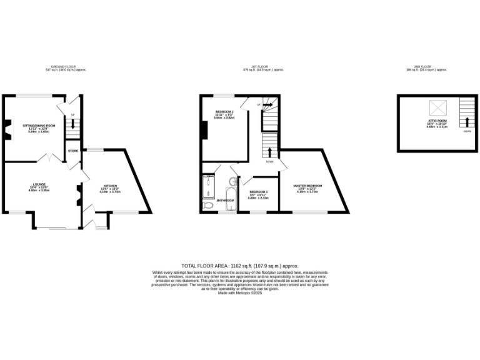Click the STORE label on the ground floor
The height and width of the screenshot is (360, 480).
(73, 151)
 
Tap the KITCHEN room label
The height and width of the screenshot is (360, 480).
(109, 186)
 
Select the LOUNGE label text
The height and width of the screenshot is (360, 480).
(39, 185)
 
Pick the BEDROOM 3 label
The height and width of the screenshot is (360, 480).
(258, 191)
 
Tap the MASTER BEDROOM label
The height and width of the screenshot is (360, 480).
(308, 186)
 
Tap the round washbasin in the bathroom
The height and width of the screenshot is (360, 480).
(232, 182)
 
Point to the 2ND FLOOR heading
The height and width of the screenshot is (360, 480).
(432, 67)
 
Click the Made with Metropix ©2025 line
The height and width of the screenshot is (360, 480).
(240, 293)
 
